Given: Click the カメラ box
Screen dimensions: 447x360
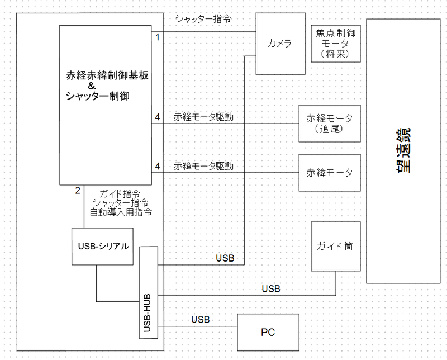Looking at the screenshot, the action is tap(280, 44).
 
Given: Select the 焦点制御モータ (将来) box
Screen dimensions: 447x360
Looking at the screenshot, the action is tap(336, 44).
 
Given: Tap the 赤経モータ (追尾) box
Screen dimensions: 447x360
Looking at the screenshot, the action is tap(330, 124).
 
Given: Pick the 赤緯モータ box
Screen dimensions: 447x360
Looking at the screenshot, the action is tap(330, 173).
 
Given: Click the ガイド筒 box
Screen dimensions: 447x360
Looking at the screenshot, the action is tap(336, 246).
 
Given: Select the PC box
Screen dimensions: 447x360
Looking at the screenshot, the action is tap(268, 333).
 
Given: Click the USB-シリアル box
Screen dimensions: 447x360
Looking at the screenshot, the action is tap(102, 247).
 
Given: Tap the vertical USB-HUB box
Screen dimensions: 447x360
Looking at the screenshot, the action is tap(149, 292).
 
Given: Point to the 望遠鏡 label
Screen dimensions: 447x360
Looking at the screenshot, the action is tap(403, 150).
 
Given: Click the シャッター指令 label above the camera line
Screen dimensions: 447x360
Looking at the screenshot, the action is tap(203, 19).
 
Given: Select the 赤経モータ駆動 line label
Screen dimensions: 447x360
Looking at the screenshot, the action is tap(203, 117).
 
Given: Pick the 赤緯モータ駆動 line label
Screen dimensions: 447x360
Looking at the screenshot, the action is tap(203, 166).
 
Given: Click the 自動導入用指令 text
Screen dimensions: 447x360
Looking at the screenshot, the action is tap(121, 212).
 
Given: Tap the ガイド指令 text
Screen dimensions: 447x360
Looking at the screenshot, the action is tap(120, 194).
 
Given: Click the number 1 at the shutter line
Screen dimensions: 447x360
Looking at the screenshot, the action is tap(158, 37).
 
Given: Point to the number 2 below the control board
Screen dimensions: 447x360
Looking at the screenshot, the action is tap(78, 190).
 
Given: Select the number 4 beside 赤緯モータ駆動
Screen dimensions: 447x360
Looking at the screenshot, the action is tap(158, 166).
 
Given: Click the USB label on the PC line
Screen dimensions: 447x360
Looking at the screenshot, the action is tap(201, 320).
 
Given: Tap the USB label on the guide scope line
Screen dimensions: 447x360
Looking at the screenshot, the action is tap(271, 289).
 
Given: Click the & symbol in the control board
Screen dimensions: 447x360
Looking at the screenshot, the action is tap(92, 86).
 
